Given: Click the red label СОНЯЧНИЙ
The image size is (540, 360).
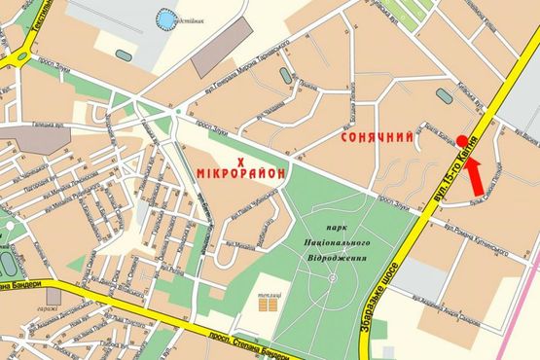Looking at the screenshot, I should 377,139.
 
